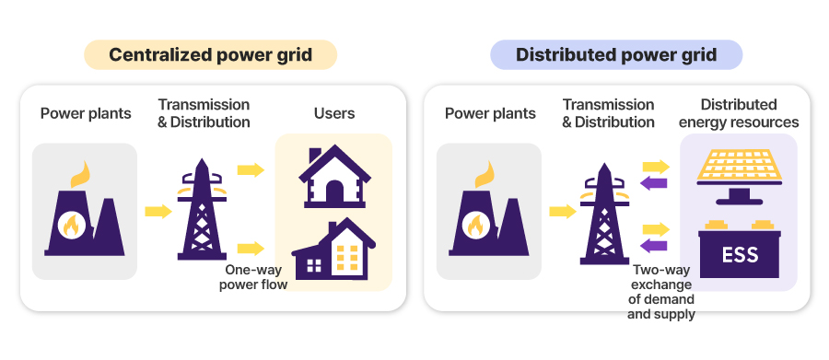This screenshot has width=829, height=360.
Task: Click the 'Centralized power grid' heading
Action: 210,54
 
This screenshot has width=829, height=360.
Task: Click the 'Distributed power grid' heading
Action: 616,54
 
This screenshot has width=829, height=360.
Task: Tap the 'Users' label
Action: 334,113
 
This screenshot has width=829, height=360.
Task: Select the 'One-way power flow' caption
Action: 253,277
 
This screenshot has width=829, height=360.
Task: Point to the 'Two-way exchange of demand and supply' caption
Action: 660,292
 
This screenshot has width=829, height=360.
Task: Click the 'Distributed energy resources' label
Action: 739,113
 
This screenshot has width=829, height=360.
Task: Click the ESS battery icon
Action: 739,249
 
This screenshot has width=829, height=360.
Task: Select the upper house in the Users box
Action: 334,177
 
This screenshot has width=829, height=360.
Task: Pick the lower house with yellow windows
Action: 333,249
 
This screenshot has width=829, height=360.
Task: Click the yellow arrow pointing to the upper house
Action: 251,170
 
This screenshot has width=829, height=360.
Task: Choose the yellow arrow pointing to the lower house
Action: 251,248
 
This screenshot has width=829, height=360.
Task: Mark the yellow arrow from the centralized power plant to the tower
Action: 158,212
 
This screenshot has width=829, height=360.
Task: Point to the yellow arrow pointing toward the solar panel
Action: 656,167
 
